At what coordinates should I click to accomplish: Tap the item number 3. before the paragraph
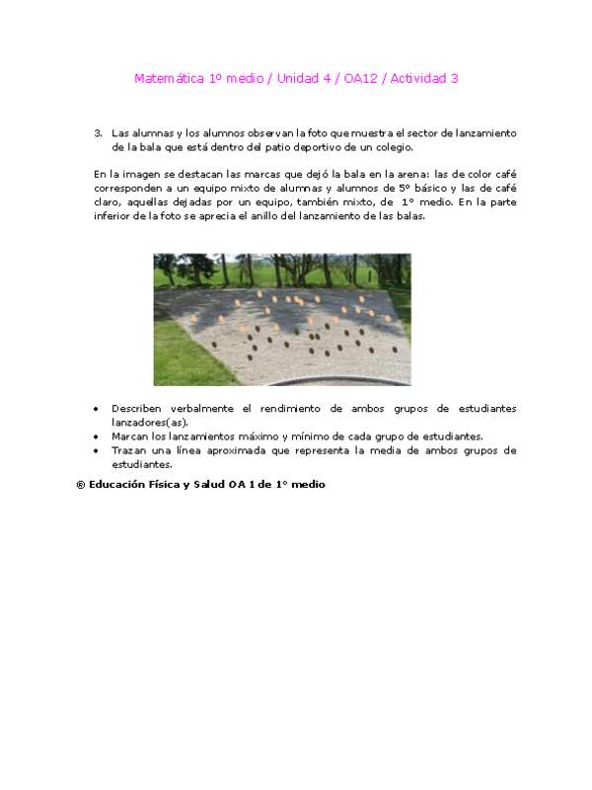(x=98, y=131)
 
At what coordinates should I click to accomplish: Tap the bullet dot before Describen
(x=95, y=409)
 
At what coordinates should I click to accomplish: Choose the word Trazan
(x=128, y=449)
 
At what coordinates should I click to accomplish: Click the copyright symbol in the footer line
(x=80, y=485)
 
